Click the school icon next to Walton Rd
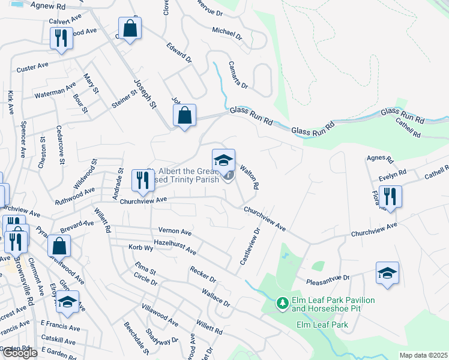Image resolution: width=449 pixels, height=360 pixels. tap(223, 161)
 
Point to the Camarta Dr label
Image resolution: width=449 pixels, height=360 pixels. tap(238, 78)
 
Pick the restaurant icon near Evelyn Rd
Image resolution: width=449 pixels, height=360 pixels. tap(390, 197)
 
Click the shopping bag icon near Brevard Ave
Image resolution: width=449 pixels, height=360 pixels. tap(59, 246)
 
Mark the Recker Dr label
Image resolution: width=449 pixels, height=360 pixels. tap(202, 273)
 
